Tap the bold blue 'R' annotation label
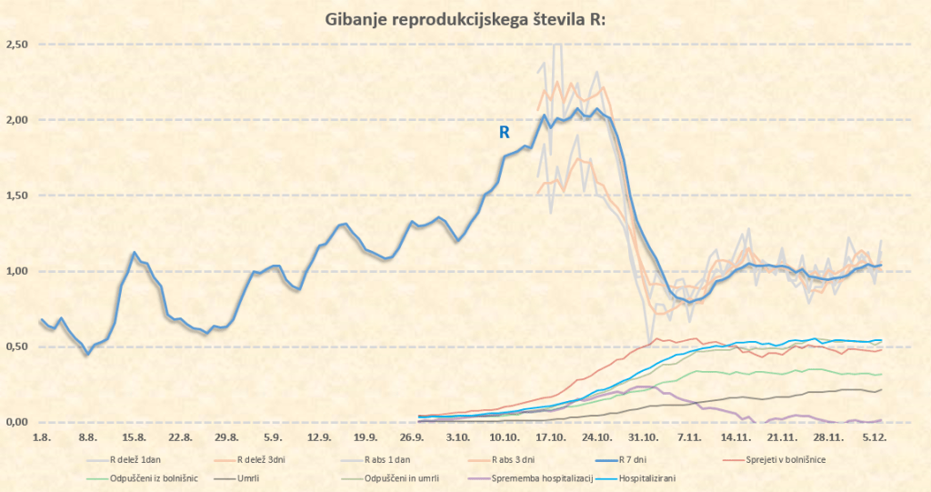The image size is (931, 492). (x=503, y=132)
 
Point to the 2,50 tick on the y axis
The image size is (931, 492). (x=16, y=45)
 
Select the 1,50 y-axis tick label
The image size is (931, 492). (x=16, y=196)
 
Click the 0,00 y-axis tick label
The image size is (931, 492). (x=16, y=422)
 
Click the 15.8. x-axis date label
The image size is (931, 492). (x=134, y=437)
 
